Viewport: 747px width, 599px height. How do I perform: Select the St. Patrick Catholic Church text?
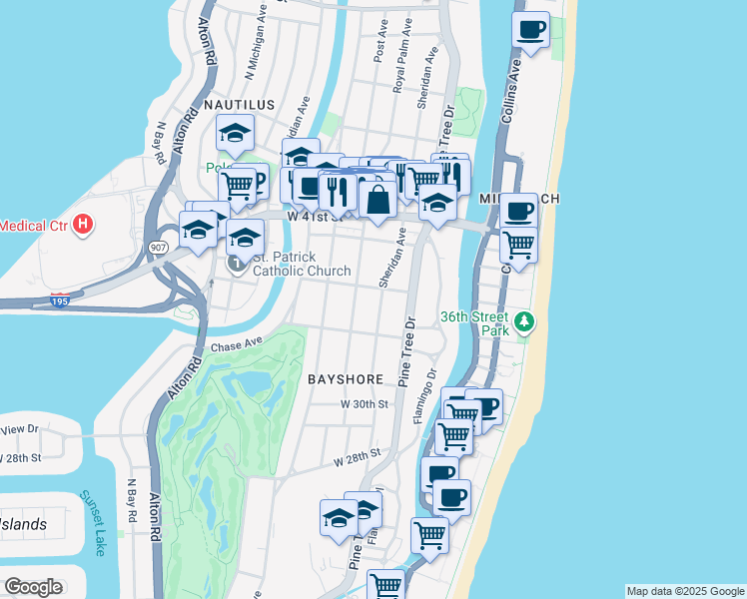(x=301, y=264)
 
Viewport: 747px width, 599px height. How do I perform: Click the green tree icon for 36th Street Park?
(x=522, y=322)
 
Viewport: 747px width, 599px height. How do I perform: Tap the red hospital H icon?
(x=84, y=225)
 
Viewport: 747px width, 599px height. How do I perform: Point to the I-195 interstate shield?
(x=61, y=299)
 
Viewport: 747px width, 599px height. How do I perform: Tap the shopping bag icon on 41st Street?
(x=377, y=199)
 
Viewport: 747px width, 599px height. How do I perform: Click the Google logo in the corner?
(x=33, y=587)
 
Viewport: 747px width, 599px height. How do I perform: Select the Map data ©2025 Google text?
(x=684, y=591)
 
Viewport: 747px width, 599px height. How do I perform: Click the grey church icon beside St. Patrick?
(x=237, y=264)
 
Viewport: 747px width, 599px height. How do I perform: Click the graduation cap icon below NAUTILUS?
(x=235, y=133)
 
